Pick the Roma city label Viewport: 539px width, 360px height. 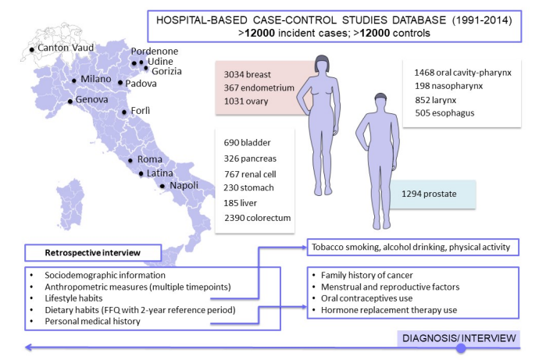[150, 159]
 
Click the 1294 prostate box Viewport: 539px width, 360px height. [438, 192]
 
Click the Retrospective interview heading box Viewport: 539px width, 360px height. [91, 252]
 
